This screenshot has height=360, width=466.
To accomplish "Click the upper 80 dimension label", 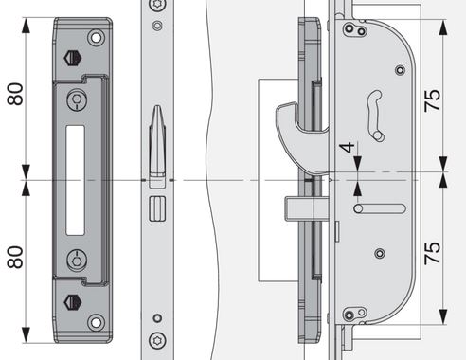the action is coord(15,94).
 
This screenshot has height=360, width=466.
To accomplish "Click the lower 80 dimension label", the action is coord(15,258).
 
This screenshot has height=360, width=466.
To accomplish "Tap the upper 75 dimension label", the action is coord(433,100).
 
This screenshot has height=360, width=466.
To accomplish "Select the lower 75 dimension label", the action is coord(433,253).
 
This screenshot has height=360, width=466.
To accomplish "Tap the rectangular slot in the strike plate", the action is coord(75,180).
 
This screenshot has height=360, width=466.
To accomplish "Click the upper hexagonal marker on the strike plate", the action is coord(73,58).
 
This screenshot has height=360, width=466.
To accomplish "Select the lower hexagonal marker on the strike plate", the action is coord(73,302).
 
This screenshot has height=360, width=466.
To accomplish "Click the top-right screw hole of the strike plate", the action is coord(97,38).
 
